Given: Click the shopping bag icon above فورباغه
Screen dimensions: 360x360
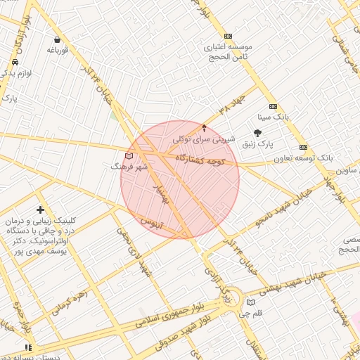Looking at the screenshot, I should (56, 39).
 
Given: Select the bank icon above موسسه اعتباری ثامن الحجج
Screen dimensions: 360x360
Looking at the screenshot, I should (227, 36).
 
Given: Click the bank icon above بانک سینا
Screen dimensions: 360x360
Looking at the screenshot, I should (273, 106).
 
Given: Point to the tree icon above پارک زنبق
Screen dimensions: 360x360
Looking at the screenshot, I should (257, 132).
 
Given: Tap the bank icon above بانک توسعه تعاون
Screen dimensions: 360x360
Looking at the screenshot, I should (303, 148).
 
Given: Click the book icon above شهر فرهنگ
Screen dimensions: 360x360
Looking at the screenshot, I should (127, 156).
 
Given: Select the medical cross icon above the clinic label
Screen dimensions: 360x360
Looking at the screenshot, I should (40, 210).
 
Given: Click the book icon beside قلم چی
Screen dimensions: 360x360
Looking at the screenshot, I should (251, 302).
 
